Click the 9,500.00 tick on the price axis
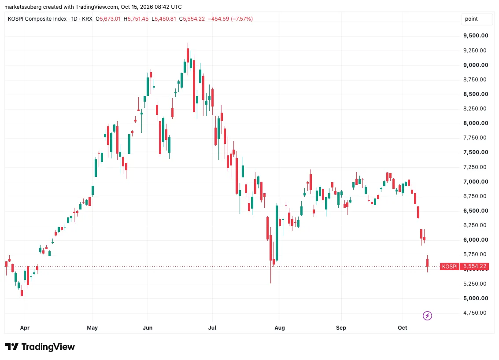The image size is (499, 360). point(476,36)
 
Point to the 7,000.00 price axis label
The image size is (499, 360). point(476,182)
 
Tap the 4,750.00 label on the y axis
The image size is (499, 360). point(475,312)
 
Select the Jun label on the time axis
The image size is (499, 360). point(148,327)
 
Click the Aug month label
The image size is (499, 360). point(280,327)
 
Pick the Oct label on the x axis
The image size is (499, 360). point(402,327)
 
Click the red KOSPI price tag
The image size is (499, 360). point(450,267)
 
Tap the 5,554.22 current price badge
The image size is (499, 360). point(474,267)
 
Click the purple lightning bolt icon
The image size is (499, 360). point(427,316)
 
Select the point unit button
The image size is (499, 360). point(471,19)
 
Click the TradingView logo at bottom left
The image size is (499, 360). point(40,347)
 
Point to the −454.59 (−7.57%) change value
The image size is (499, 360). point(230,19)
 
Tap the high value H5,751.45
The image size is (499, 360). point(136,19)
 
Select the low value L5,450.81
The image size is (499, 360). point(163,19)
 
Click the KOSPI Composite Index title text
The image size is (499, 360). point(37,19)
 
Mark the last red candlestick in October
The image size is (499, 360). point(427,263)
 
